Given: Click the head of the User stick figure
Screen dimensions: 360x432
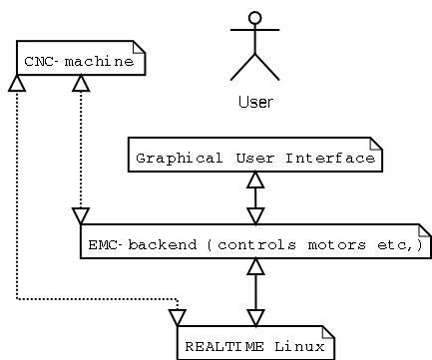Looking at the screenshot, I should tap(254, 18).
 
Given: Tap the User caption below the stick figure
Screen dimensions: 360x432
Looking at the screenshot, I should tap(255, 101).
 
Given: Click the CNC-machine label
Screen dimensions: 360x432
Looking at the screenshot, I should tap(79, 62).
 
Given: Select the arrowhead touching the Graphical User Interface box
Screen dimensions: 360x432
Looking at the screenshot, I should tap(256, 180).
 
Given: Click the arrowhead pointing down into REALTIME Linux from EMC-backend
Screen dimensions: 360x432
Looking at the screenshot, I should tap(256, 317).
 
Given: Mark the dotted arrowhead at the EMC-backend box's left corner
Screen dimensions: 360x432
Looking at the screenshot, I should tap(82, 216).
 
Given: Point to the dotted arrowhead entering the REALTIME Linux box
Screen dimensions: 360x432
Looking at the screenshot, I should tap(178, 317).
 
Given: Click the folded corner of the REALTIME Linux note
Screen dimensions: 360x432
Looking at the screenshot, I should tap(328, 330).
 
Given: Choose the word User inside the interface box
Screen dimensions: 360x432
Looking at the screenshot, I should tap(246, 158).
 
